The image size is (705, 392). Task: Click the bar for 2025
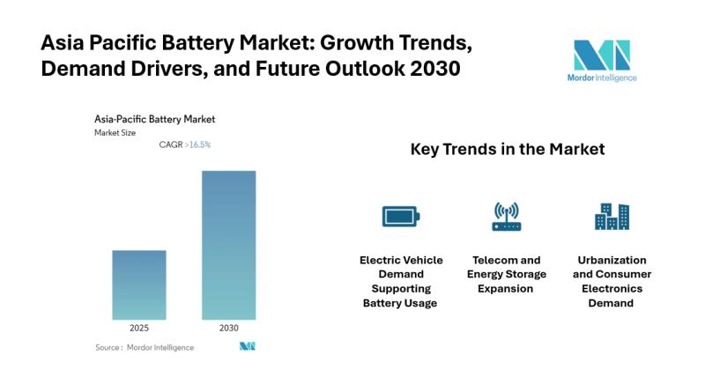click(139, 285)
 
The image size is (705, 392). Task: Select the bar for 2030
click(228, 245)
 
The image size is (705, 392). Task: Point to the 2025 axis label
click(139, 328)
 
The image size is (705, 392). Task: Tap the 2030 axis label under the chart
click(228, 328)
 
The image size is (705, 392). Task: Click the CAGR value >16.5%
click(198, 144)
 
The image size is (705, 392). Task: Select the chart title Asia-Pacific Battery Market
click(155, 119)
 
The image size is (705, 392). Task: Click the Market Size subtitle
click(115, 132)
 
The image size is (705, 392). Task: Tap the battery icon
click(401, 216)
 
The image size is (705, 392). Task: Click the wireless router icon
click(506, 216)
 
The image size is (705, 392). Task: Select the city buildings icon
click(612, 216)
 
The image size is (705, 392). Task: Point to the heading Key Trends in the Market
click(507, 150)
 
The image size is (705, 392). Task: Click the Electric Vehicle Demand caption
click(401, 281)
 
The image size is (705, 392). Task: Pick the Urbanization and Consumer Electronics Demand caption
click(612, 281)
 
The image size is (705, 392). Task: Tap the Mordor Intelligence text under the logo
click(602, 78)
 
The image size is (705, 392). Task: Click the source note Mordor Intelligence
click(145, 347)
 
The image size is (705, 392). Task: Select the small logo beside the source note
click(247, 346)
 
